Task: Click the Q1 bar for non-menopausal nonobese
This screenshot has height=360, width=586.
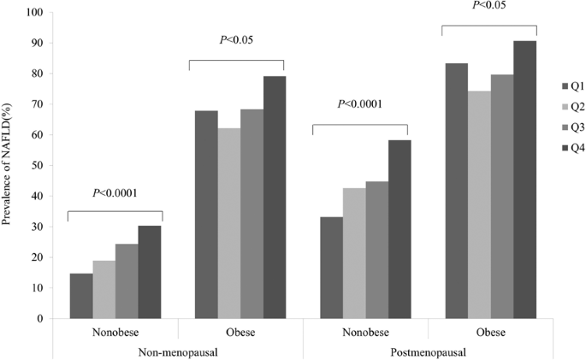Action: (x=81, y=296)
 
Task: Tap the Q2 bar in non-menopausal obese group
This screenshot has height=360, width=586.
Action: (x=229, y=223)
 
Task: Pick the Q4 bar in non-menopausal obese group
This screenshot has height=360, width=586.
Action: (x=275, y=198)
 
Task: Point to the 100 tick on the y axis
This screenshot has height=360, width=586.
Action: (x=34, y=13)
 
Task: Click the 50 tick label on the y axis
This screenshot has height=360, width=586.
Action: (x=37, y=166)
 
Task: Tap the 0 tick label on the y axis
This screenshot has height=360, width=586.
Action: (x=40, y=319)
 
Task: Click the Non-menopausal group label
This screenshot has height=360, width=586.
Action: (x=178, y=351)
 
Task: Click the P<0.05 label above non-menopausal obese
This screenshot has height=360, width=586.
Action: (x=236, y=39)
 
